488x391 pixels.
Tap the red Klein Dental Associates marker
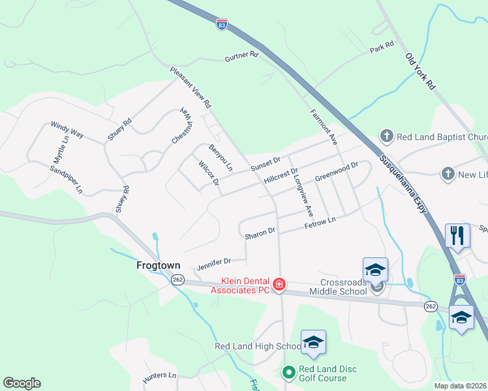279,283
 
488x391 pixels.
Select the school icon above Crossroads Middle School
376,268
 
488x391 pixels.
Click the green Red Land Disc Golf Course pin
288,373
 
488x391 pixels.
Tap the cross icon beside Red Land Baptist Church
386,136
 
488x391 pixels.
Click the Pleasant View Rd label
191,87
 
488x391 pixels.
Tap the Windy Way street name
67,128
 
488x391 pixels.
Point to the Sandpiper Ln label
66,179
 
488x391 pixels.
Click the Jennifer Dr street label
214,263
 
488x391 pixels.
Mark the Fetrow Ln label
320,223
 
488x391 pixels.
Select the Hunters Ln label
160,376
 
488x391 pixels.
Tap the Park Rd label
382,47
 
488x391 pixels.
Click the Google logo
22,383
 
